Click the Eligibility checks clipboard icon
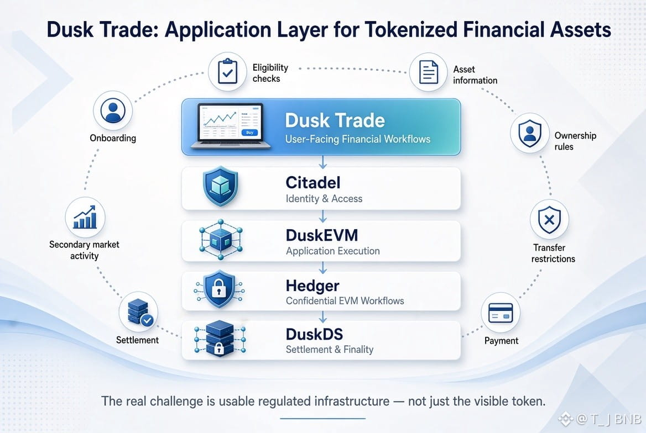click(x=227, y=72)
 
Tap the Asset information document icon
click(x=429, y=72)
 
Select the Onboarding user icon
click(x=113, y=110)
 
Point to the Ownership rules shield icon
click(x=530, y=133)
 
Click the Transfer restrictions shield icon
click(x=549, y=220)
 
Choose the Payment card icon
click(x=501, y=313)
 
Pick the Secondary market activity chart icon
click(x=85, y=217)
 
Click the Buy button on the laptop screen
click(x=249, y=133)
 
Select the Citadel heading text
click(x=313, y=182)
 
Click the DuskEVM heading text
click(x=322, y=235)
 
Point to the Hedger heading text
click(x=312, y=286)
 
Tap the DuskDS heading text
click(x=314, y=334)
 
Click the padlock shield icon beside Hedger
click(x=219, y=289)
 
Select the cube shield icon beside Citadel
click(x=221, y=186)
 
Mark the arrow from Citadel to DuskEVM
click(x=323, y=216)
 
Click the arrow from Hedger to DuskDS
click(x=323, y=316)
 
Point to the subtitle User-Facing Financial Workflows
click(x=358, y=139)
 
